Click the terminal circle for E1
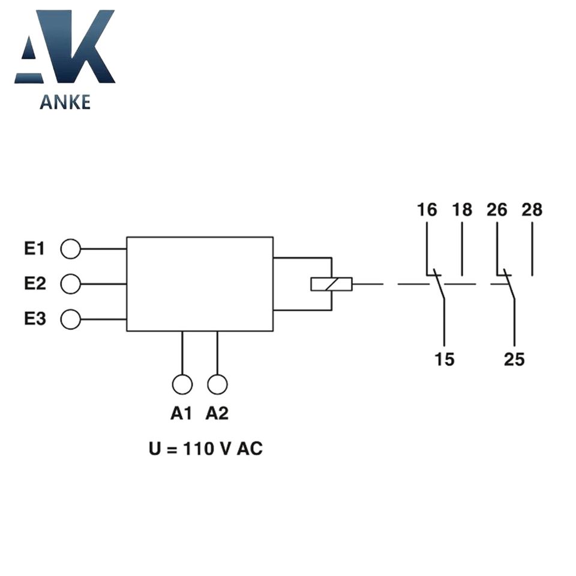(70, 248)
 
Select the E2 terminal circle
(70, 283)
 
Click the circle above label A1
(182, 384)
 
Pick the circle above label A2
(217, 384)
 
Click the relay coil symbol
(331, 284)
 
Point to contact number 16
(427, 210)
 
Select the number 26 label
(497, 210)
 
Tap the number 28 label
(532, 210)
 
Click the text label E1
(35, 248)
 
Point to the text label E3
(35, 319)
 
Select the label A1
(181, 413)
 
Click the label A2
(217, 413)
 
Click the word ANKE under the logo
(65, 102)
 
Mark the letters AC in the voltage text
(250, 449)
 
